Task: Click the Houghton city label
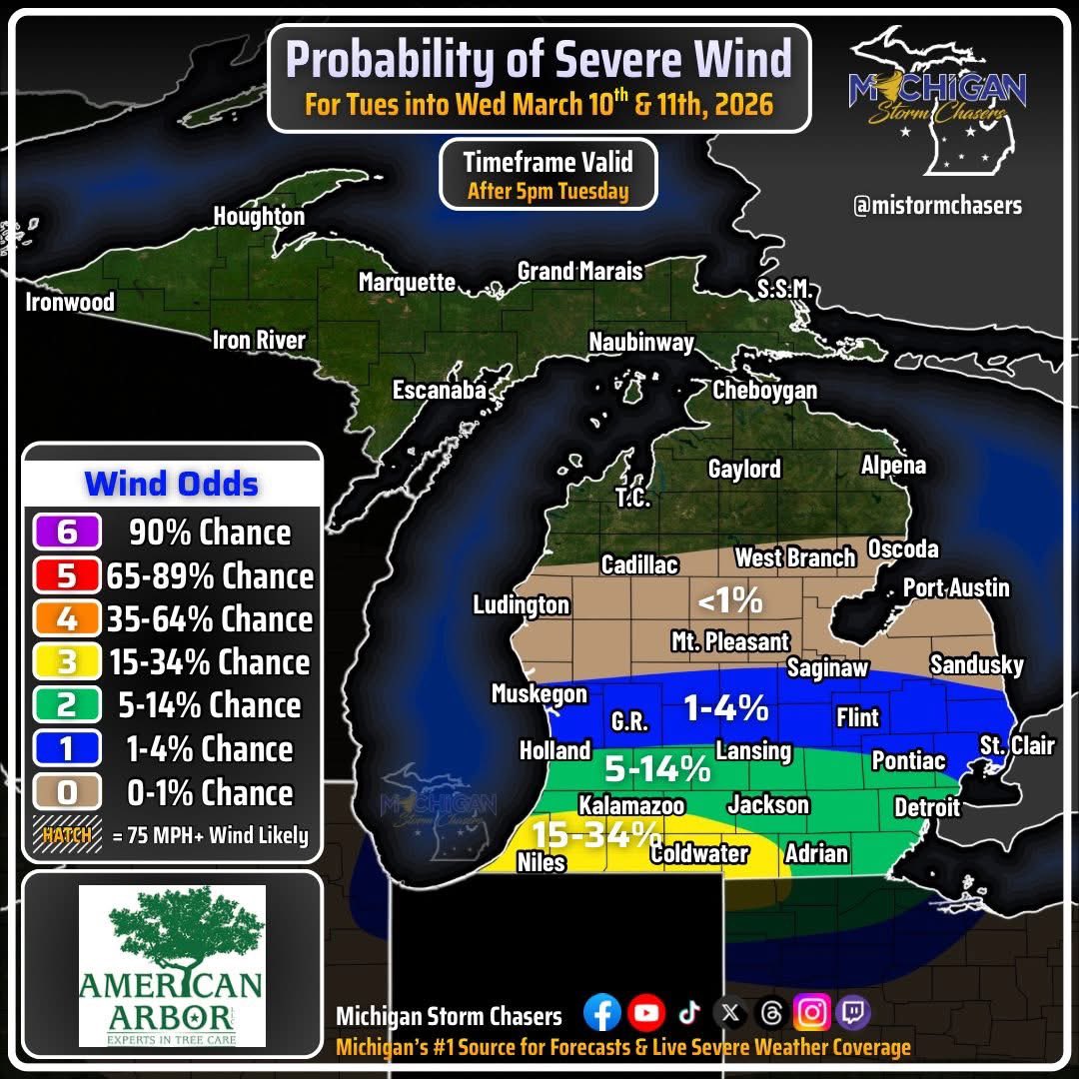tap(259, 217)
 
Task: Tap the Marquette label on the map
tap(407, 283)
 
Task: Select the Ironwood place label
tap(70, 302)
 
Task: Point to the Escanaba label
tap(439, 391)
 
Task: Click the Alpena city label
tap(893, 466)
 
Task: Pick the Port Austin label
tap(956, 587)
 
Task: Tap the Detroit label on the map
tap(926, 806)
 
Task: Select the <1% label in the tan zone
tap(730, 601)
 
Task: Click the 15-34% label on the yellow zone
tap(595, 834)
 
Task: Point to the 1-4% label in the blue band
tap(725, 708)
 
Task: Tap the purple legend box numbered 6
tap(66, 533)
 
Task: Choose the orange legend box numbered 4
tap(66, 619)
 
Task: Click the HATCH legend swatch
tap(68, 836)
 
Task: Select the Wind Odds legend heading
tap(171, 485)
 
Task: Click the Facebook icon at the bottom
tap(601, 1013)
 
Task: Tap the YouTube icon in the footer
tap(646, 1013)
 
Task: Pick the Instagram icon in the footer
tap(812, 1013)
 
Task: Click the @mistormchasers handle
tap(936, 207)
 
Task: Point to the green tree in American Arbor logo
tap(171, 931)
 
